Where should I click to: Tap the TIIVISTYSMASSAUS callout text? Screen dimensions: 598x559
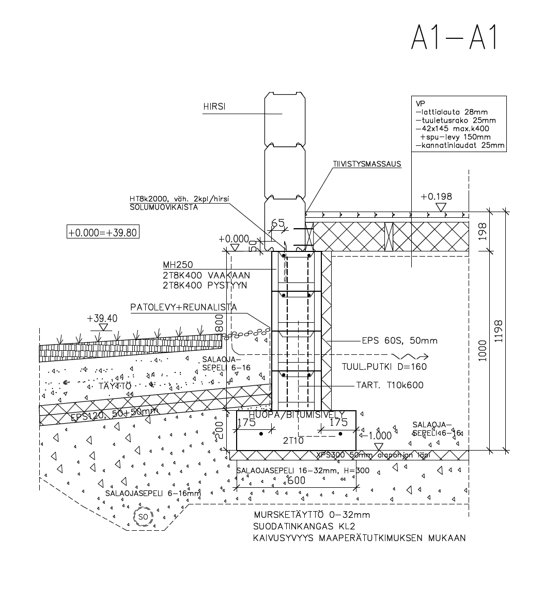[367, 164]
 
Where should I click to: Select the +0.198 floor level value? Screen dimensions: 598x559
[436, 197]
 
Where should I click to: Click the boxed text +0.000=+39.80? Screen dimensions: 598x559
[103, 232]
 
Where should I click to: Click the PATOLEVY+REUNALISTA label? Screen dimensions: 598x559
[183, 307]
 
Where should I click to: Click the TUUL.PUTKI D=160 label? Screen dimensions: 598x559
[384, 367]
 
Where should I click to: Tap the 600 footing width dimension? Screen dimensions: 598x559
[296, 480]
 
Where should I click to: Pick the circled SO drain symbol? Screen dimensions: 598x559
[143, 516]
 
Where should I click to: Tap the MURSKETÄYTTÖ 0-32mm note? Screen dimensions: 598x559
[312, 515]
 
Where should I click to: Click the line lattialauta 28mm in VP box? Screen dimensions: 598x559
[452, 112]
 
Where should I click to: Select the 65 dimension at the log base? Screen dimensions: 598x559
[277, 223]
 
